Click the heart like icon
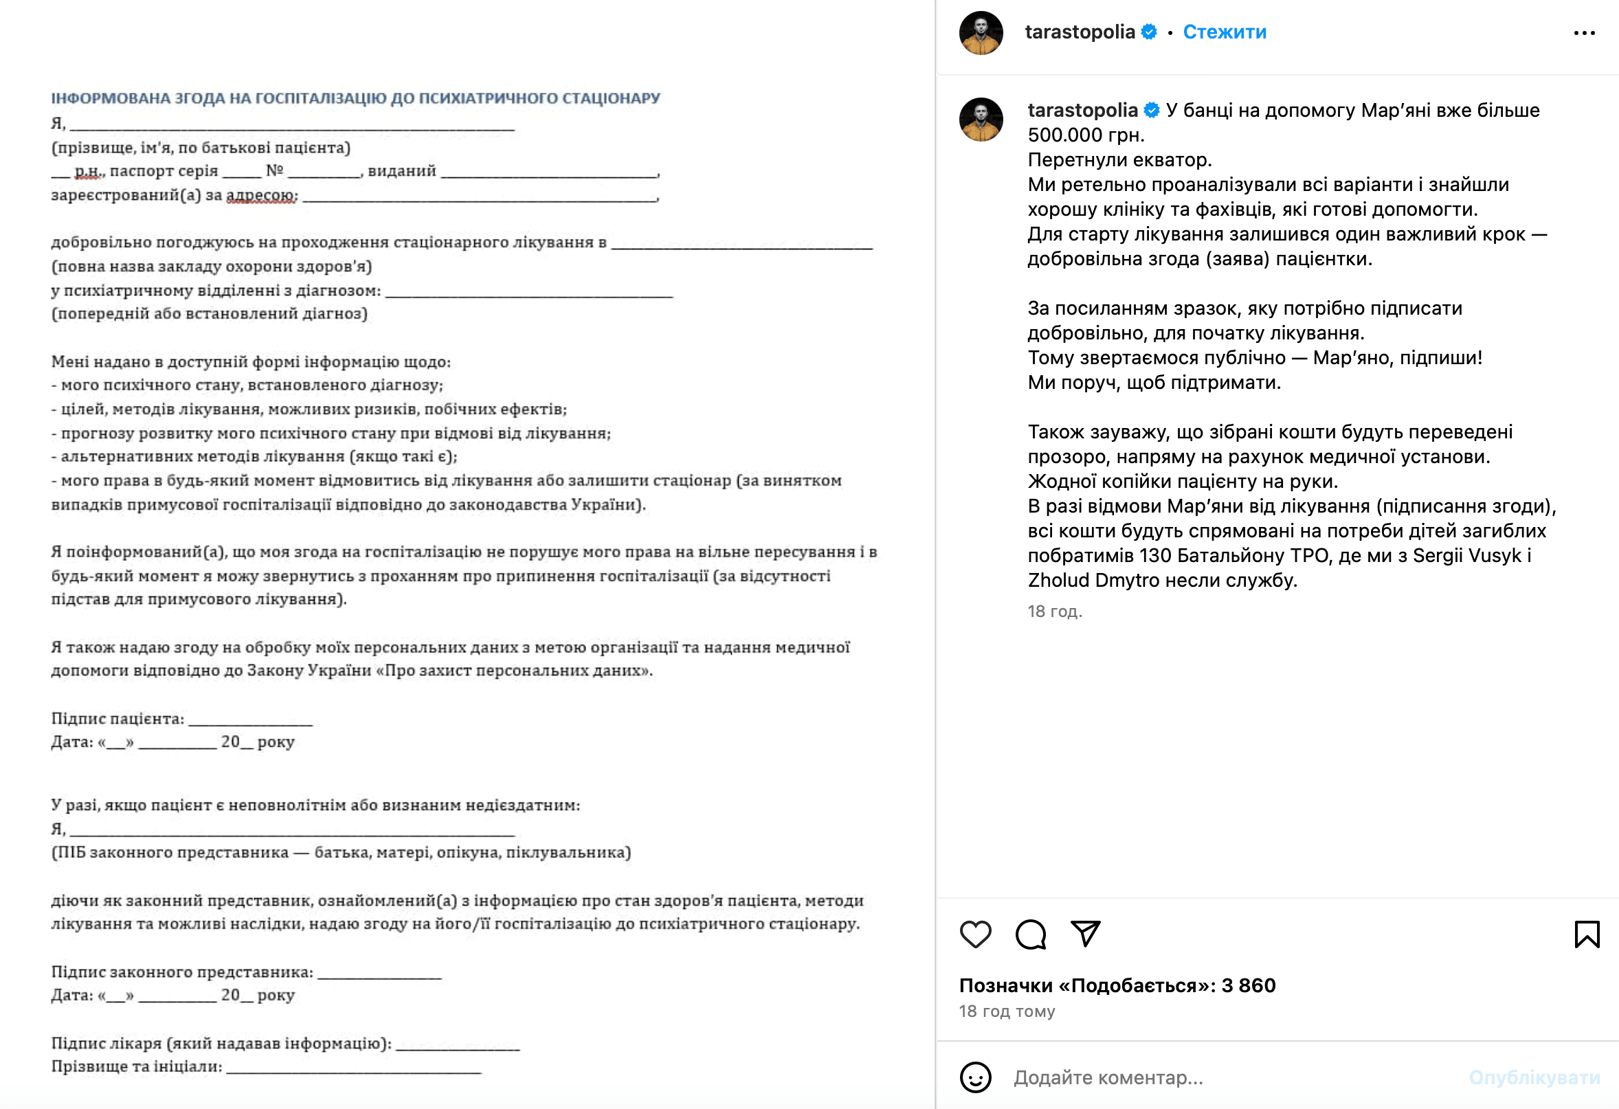[x=975, y=934]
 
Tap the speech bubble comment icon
[x=1030, y=934]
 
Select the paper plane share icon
[x=1085, y=934]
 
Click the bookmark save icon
[x=1587, y=934]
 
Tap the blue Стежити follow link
[x=1224, y=32]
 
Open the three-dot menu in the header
[x=1584, y=33]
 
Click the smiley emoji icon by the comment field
[x=975, y=1077]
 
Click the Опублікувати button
[x=1534, y=1077]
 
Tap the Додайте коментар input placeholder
[x=1108, y=1077]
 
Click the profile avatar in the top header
[x=981, y=33]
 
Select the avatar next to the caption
[x=981, y=119]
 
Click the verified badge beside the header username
[x=1150, y=32]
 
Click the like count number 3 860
[x=1249, y=985]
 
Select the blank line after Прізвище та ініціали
[x=354, y=1068]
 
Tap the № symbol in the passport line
[x=274, y=170]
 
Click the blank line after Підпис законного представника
[x=380, y=974]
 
